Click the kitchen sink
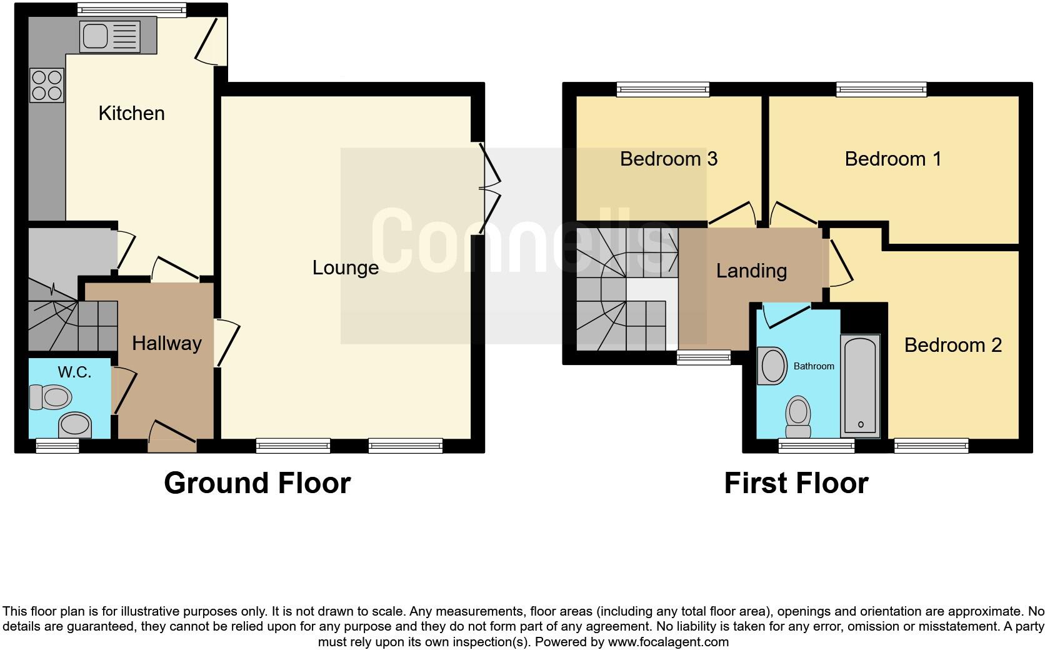109,36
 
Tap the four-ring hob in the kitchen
47,86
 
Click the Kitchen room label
131,113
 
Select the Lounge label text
345,267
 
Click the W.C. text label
74,372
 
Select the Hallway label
166,343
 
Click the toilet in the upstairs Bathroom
797,417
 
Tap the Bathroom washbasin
772,366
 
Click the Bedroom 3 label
668,159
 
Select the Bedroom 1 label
892,159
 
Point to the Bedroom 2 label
952,345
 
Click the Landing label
751,271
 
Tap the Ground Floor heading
257,483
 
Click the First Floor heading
796,483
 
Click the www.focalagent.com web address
668,642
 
